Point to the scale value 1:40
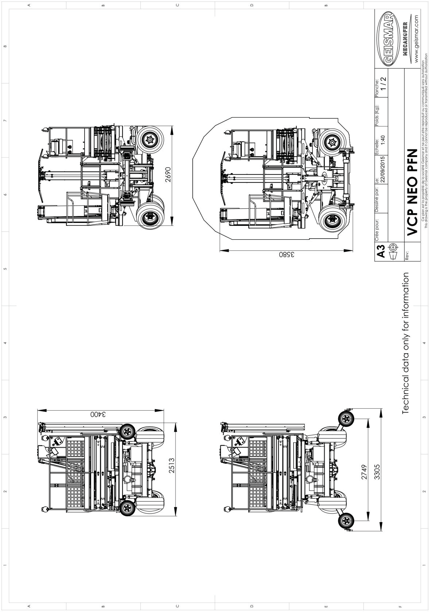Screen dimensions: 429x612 [383, 141]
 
